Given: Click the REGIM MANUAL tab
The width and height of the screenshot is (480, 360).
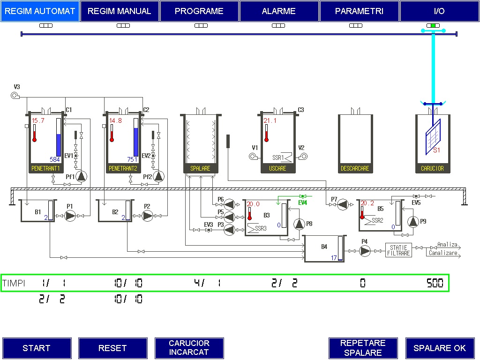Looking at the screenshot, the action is coord(120,11).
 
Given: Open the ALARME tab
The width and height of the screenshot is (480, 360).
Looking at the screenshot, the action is coord(279,11).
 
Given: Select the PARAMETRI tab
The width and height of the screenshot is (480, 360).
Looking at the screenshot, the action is coord(359,11).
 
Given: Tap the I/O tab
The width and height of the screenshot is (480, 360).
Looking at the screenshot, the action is coord(439,11).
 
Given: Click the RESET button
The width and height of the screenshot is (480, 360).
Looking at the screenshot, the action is coord(112,348).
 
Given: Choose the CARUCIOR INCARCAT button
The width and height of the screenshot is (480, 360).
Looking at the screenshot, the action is coord(189,348).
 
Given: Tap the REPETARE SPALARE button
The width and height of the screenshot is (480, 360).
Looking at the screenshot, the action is coord(363,348).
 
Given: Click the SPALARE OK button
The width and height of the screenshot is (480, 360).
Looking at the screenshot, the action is coord(440,348).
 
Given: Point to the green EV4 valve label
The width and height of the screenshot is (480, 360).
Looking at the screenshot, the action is coord(302,202).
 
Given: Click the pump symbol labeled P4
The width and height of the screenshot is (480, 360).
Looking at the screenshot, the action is coord(365,251).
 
